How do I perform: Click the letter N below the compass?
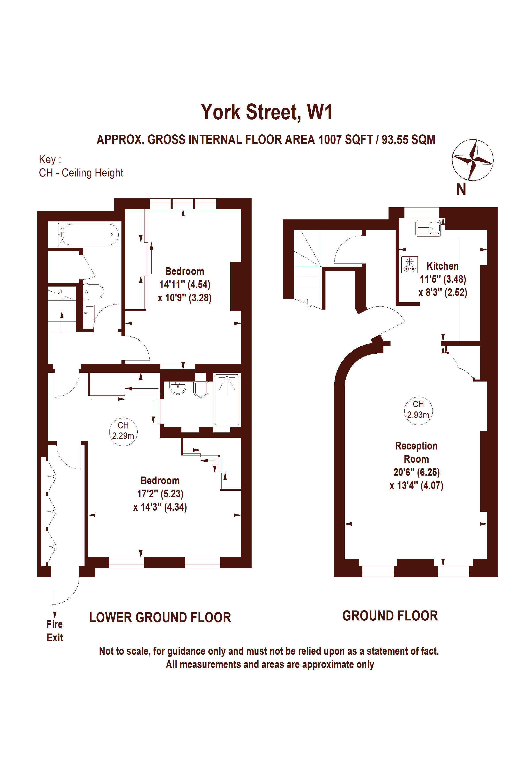pos(461,189)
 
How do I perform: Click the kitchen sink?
pos(428,228)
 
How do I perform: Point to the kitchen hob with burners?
pos(409,265)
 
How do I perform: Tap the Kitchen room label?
pos(442,266)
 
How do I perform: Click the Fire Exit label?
pos(55,631)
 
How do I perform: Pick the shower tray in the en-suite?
pos(227,400)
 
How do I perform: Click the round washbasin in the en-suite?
pos(178,388)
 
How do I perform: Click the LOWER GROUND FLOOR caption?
pos(160,618)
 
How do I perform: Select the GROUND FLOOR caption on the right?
pos(390,616)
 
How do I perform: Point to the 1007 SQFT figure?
pos(345,140)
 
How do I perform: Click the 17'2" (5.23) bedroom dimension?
pos(160,494)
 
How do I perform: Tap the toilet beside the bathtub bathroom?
pos(93,291)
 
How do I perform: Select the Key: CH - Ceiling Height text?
pos(81,166)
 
